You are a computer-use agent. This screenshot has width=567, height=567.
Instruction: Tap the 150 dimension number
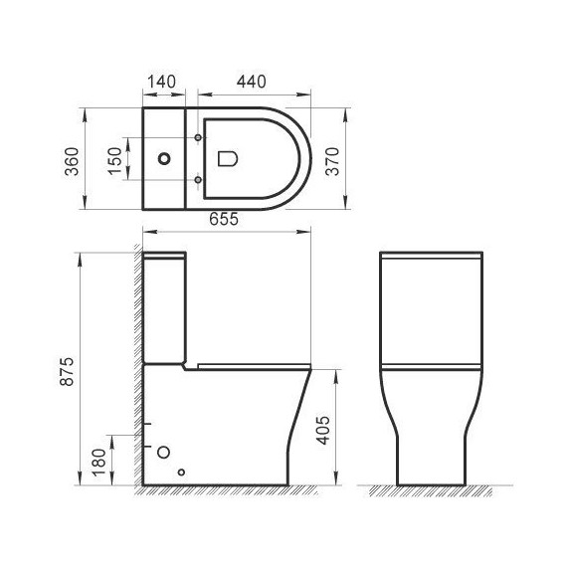(x=115, y=158)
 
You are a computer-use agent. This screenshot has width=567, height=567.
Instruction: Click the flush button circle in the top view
(x=164, y=158)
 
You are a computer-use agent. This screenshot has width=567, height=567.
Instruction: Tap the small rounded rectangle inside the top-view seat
(x=226, y=158)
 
